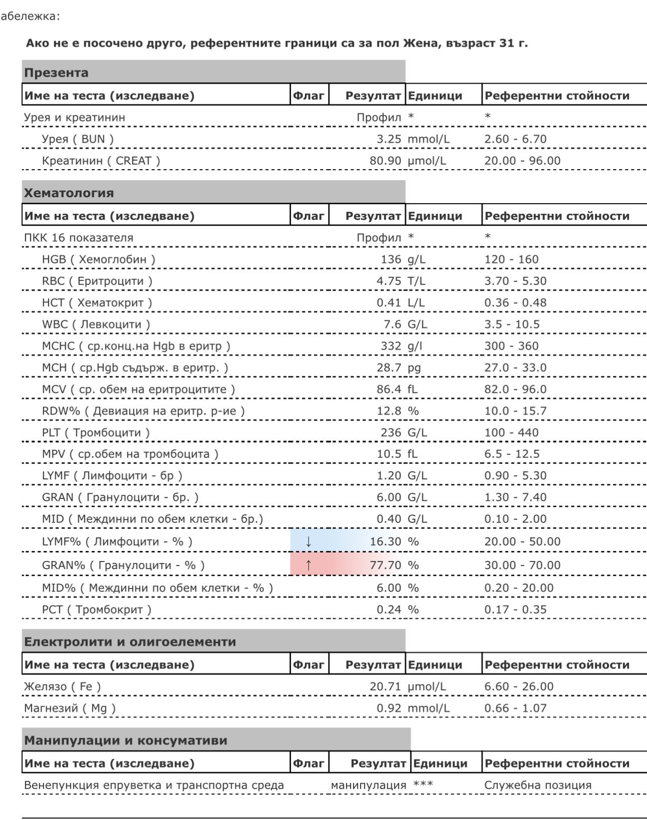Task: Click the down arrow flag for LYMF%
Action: point(308,541)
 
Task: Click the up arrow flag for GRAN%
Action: point(308,565)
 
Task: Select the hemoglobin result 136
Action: point(391,259)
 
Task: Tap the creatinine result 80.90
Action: point(385,161)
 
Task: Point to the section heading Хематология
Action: point(69,193)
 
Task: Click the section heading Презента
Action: point(56,73)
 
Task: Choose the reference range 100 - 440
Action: point(511,433)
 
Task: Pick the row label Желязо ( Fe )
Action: point(62,687)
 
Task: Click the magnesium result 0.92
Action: point(389,708)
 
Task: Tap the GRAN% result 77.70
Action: point(385,565)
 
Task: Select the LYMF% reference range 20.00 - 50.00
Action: point(522,541)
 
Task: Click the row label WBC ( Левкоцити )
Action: point(96,324)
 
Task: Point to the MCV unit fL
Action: point(412,389)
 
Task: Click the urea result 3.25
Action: point(389,139)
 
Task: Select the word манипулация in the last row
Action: point(368,785)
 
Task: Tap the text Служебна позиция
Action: point(538,785)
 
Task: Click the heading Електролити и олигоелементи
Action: point(130,642)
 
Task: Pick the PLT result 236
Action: point(391,433)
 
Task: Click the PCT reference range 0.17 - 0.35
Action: point(515,610)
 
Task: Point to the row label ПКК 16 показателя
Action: point(79,238)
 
